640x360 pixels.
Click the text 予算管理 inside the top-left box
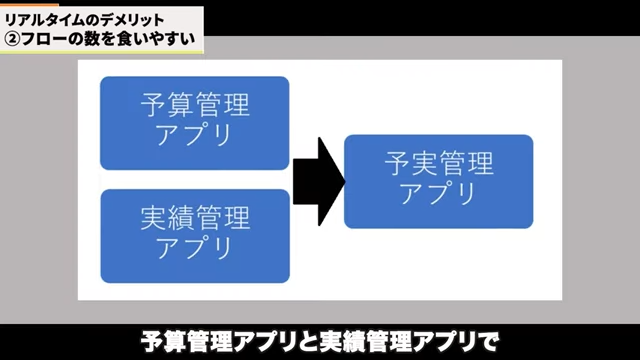click(194, 105)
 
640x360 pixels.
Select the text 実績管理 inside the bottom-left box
click(194, 215)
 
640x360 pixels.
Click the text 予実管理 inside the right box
click(439, 161)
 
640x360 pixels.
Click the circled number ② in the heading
click(13, 40)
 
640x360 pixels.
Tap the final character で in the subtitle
click(487, 340)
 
